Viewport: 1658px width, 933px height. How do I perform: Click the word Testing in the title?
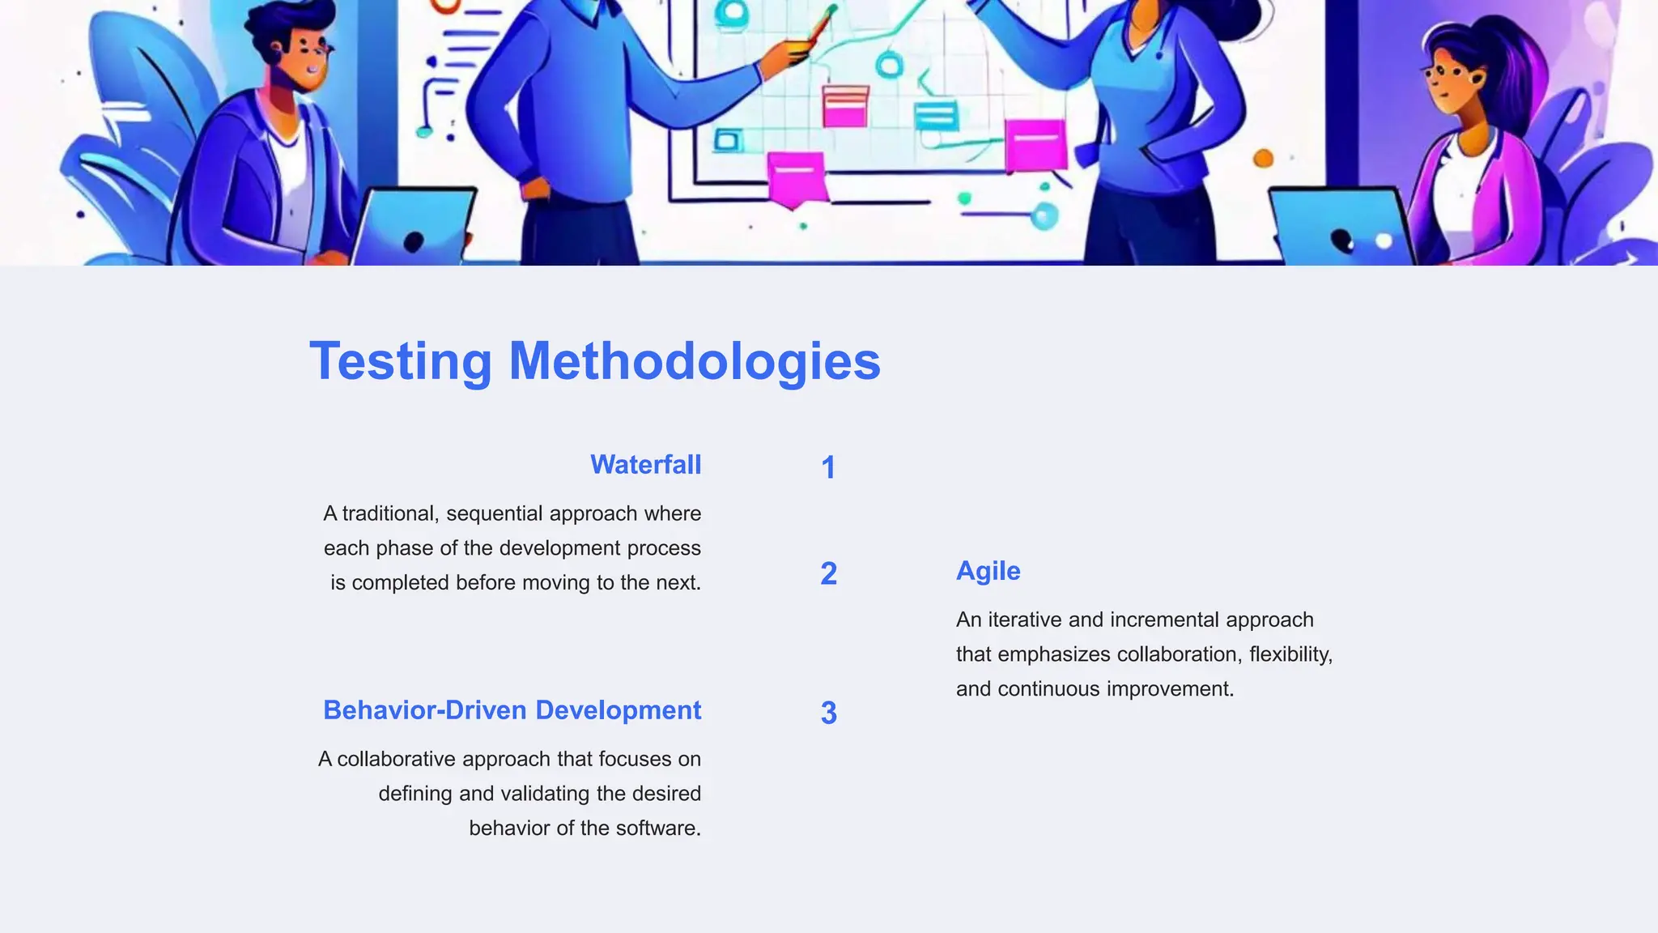[x=401, y=361]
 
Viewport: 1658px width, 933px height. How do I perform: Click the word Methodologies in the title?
[x=694, y=361]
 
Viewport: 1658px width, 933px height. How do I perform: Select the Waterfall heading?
[x=645, y=465]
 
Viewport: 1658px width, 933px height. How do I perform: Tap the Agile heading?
[x=988, y=571]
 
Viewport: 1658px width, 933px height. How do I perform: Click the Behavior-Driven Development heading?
[x=512, y=710]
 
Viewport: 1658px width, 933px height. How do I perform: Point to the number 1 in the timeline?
[x=827, y=468]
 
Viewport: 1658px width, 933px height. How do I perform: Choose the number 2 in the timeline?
[x=828, y=574]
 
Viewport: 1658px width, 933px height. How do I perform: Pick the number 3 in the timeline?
[x=828, y=714]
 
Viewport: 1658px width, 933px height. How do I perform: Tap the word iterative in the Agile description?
[x=1025, y=620]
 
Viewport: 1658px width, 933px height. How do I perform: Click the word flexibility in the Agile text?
[x=1290, y=654]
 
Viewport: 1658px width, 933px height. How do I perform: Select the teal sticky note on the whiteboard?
[x=936, y=115]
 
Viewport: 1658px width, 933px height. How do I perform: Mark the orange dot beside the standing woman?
[x=1263, y=159]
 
